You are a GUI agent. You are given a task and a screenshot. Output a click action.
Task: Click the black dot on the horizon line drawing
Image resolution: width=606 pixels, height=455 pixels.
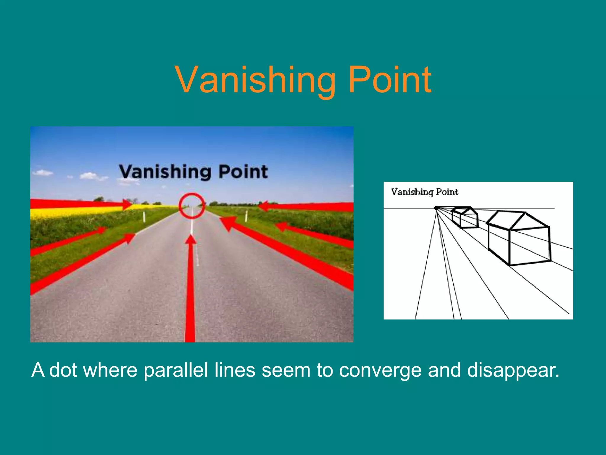pos(436,208)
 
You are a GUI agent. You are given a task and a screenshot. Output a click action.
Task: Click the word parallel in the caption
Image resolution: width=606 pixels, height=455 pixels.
pos(176,370)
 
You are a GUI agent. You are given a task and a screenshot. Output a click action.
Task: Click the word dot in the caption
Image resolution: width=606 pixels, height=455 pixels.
pos(63,370)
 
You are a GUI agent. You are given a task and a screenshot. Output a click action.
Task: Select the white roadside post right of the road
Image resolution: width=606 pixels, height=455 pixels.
pos(246,216)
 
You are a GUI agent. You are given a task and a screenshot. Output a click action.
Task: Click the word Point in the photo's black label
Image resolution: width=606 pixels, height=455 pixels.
pos(243,172)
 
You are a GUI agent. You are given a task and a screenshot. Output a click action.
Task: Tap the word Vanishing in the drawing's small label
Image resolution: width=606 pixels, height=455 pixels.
pos(412,192)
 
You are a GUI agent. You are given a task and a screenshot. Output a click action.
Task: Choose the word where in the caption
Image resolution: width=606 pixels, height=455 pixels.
pos(110,370)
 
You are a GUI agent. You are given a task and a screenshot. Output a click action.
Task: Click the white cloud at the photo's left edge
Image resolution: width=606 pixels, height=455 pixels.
pos(43,172)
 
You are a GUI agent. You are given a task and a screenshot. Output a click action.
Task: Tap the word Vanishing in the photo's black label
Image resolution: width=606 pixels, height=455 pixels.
pos(165,172)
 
